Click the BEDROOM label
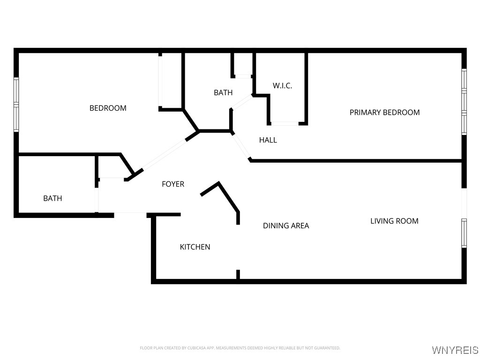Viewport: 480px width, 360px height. click(x=108, y=108)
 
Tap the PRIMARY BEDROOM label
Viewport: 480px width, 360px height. click(x=384, y=112)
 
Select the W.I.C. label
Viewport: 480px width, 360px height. click(x=282, y=86)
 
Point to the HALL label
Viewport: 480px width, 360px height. click(x=268, y=140)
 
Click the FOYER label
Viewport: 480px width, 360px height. click(x=173, y=184)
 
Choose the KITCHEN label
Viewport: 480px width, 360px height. click(x=195, y=247)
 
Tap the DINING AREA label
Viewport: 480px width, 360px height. click(x=286, y=225)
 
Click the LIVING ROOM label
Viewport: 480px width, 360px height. click(x=394, y=221)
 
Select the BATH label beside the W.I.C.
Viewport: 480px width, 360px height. click(x=223, y=92)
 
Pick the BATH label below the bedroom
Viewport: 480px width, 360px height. click(x=52, y=198)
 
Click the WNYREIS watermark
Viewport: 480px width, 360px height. click(x=455, y=350)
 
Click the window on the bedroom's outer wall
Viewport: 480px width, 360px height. click(x=16, y=105)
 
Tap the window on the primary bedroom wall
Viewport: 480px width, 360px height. click(x=464, y=102)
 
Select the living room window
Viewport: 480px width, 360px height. click(x=464, y=233)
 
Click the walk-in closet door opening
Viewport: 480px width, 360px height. click(x=285, y=123)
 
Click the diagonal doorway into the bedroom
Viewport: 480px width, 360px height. click(x=164, y=155)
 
